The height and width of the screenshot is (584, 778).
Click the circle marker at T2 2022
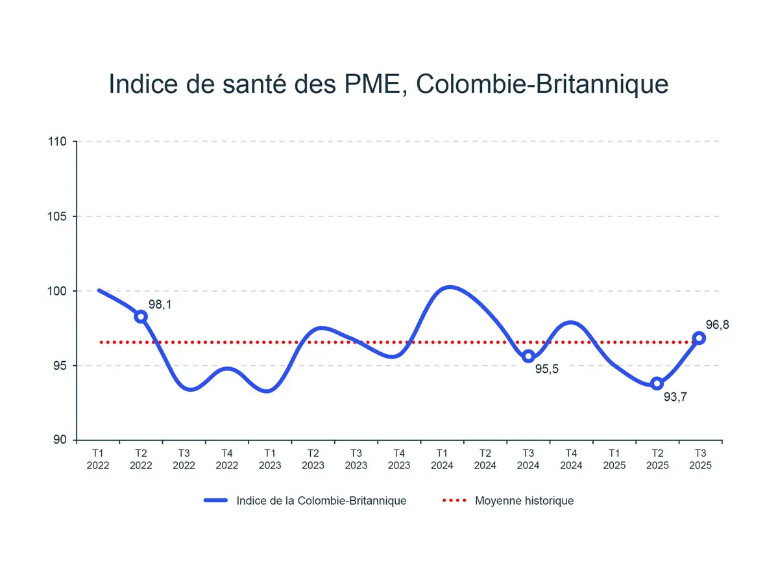(x=141, y=316)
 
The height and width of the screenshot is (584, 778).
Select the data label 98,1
(x=160, y=304)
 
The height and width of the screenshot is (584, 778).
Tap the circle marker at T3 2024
(x=528, y=355)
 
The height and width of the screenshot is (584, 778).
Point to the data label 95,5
(x=547, y=369)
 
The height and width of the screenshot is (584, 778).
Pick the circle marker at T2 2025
(x=657, y=383)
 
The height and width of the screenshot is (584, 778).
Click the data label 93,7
(x=675, y=396)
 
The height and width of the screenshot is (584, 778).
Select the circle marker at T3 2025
(x=699, y=338)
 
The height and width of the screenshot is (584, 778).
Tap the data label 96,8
(x=717, y=325)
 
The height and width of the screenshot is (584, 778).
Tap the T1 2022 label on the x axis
(x=98, y=459)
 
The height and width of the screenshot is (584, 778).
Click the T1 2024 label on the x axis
(x=442, y=459)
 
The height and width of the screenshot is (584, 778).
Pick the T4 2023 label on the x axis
(x=399, y=459)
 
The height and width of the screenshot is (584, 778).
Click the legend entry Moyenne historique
(x=524, y=501)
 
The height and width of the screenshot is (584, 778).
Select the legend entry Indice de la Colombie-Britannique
(x=321, y=501)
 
